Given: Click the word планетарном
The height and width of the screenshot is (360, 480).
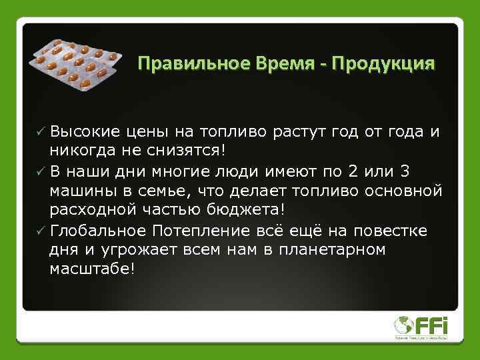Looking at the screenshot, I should pyautogui.click(x=327, y=249).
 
